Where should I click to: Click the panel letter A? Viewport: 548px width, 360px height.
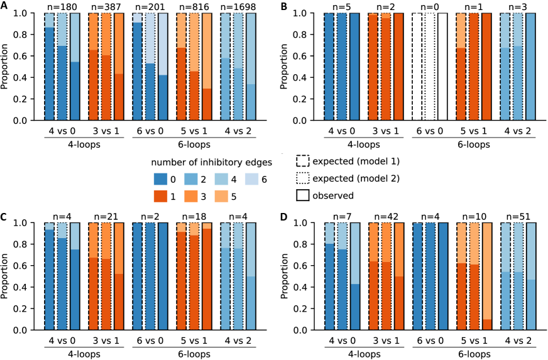point(4,6)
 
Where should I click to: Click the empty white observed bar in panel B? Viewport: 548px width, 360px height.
point(443,66)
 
